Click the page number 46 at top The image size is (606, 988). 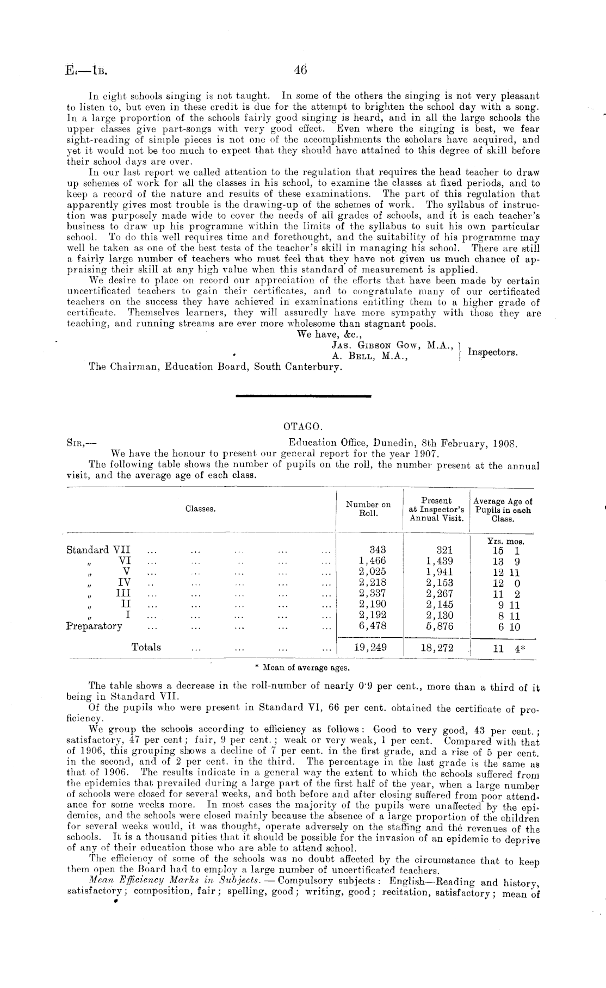(x=301, y=70)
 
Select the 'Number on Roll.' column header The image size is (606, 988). (x=368, y=508)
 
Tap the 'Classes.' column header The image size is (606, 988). (x=200, y=509)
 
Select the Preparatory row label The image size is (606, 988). (x=94, y=626)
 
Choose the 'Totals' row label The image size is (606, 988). (x=146, y=647)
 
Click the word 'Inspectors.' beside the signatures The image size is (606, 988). (x=492, y=352)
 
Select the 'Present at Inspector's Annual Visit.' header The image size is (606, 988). (x=436, y=509)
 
